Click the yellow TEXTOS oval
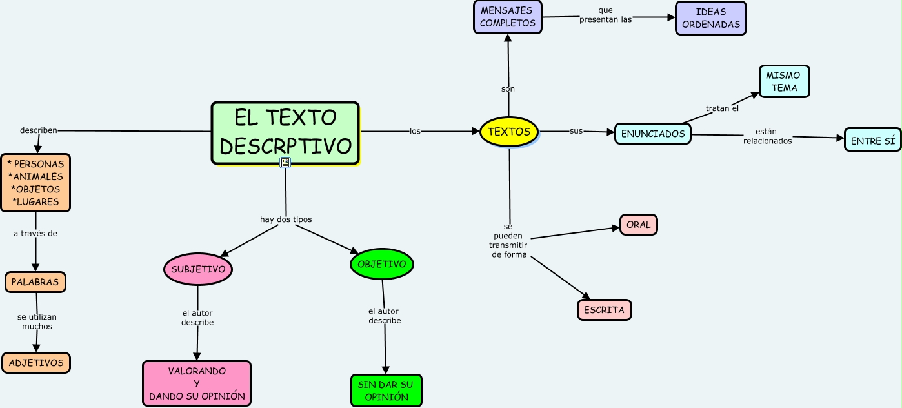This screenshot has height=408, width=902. click(x=509, y=132)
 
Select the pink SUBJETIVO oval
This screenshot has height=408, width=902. click(x=198, y=269)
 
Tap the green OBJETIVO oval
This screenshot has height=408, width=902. click(x=382, y=264)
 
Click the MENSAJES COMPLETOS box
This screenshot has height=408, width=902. click(x=508, y=17)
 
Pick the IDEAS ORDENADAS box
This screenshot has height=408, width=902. click(x=710, y=17)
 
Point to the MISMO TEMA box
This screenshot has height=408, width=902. click(x=784, y=81)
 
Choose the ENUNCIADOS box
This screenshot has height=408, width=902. click(x=652, y=134)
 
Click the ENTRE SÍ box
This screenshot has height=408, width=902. click(x=872, y=139)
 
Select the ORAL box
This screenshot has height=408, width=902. click(x=639, y=225)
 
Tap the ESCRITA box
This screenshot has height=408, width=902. click(x=604, y=310)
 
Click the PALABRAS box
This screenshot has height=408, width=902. click(x=35, y=282)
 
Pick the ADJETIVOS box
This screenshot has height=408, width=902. click(x=36, y=363)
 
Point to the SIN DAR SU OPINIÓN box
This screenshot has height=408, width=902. click(x=386, y=391)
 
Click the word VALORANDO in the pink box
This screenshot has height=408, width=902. click(x=197, y=371)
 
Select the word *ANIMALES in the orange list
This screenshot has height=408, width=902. click(x=35, y=177)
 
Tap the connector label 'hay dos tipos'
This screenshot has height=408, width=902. click(x=286, y=219)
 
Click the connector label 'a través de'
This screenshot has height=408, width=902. click(x=35, y=234)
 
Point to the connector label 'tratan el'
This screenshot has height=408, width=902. click(x=722, y=108)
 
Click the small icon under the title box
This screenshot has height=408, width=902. click(x=285, y=163)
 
